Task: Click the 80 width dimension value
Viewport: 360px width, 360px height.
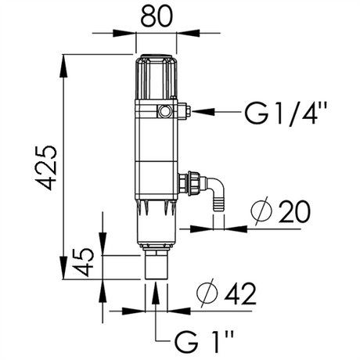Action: point(157,16)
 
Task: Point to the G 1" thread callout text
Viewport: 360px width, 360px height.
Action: point(203,341)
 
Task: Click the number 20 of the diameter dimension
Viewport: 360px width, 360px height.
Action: point(294,212)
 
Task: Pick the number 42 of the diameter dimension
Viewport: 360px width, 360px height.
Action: point(241,293)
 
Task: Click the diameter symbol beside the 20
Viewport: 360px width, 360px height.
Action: point(261,211)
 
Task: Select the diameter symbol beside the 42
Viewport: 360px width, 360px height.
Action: point(207,292)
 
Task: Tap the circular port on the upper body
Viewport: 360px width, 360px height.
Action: point(164,111)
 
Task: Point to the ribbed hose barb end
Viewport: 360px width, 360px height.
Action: point(218,203)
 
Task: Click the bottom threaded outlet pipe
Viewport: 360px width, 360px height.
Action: point(156,265)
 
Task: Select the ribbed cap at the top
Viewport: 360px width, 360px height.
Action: point(157,77)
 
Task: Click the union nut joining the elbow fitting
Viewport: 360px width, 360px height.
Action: point(193,182)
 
